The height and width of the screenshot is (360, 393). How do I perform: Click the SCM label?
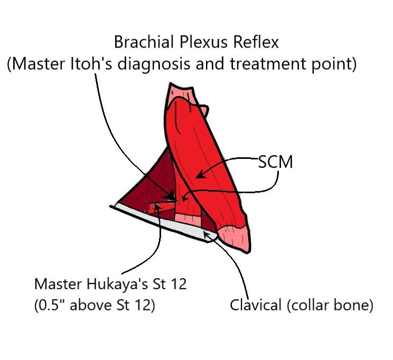click(275, 162)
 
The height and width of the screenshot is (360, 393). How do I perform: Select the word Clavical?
click(254, 306)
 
